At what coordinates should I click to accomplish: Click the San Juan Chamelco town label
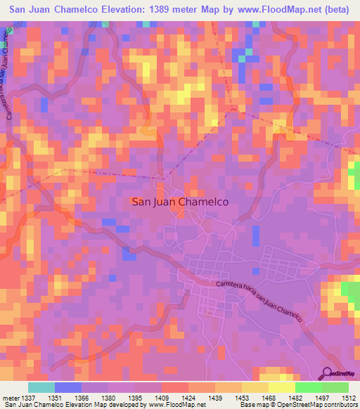pos(181,201)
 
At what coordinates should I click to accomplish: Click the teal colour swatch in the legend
pos(41,387)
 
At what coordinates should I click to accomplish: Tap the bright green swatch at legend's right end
pos(335,387)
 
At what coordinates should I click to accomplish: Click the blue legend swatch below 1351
pos(68,387)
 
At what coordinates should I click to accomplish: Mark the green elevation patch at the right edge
pos(349,290)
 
